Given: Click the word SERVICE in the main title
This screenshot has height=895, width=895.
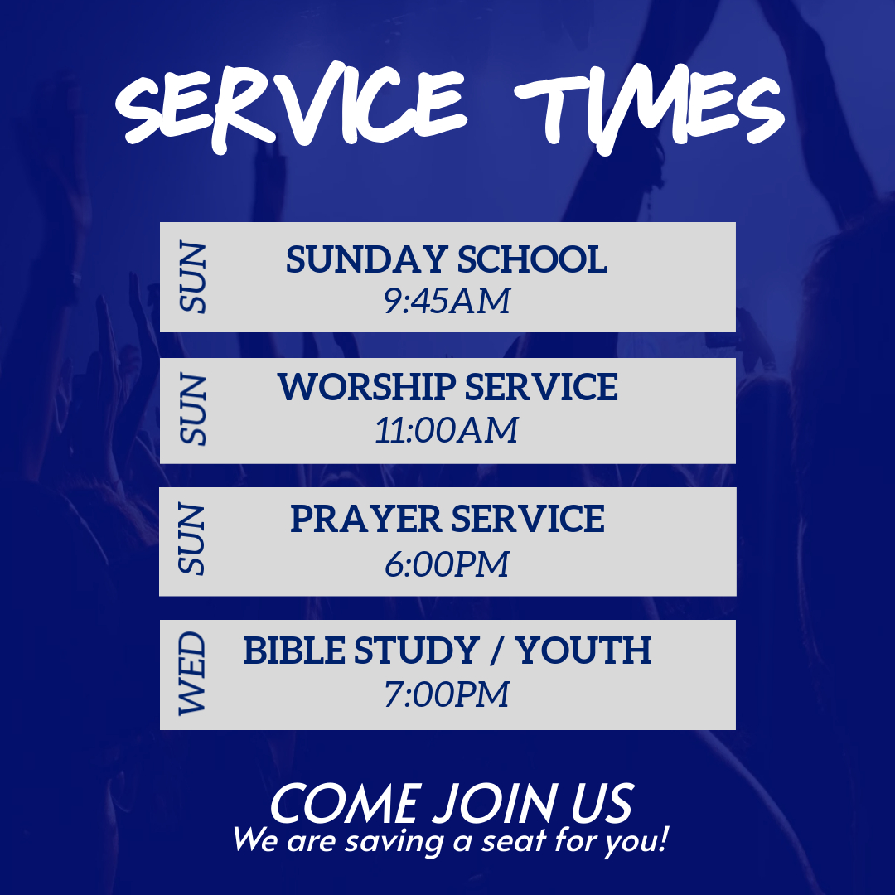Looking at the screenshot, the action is pyautogui.click(x=291, y=106).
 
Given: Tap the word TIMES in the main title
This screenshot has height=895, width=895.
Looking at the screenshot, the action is pyautogui.click(x=649, y=109).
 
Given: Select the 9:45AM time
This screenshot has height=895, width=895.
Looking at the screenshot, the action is pyautogui.click(x=447, y=301).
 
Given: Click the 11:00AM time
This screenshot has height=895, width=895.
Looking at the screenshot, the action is pyautogui.click(x=447, y=430).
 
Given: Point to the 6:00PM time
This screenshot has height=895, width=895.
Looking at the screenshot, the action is pyautogui.click(x=447, y=564).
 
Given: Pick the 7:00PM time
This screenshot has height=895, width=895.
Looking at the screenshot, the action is pyautogui.click(x=447, y=694).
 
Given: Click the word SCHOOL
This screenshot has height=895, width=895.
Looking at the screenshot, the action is pyautogui.click(x=532, y=259).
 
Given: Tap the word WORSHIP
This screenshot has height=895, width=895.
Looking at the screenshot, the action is pyautogui.click(x=366, y=387).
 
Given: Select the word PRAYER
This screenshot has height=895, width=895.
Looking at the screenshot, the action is pyautogui.click(x=366, y=519).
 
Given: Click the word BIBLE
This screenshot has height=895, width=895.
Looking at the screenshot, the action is pyautogui.click(x=294, y=651).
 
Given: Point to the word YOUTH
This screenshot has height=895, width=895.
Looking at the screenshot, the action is pyautogui.click(x=583, y=651).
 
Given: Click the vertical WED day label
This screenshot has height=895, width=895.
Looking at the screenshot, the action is pyautogui.click(x=191, y=674).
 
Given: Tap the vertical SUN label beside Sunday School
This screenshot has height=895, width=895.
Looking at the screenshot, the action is pyautogui.click(x=192, y=278).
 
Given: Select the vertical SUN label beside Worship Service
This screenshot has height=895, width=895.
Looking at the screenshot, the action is pyautogui.click(x=192, y=409).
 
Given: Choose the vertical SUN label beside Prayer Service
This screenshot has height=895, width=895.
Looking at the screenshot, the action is pyautogui.click(x=191, y=539).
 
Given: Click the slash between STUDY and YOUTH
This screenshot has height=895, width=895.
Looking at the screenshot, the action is pyautogui.click(x=497, y=651).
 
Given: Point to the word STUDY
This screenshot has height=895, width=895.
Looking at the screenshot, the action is pyautogui.click(x=416, y=651).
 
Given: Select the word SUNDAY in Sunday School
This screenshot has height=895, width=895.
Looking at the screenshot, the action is pyautogui.click(x=366, y=259).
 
